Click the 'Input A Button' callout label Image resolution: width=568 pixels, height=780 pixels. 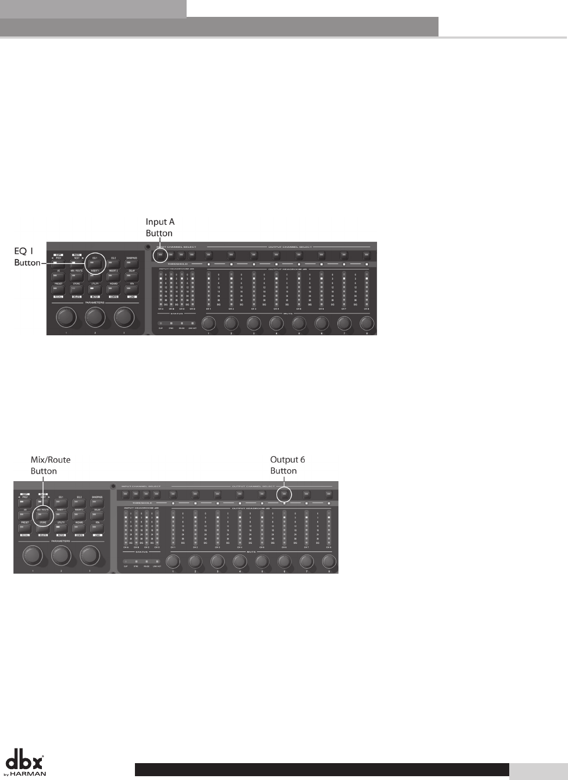(160, 228)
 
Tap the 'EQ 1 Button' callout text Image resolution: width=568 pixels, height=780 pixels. (27, 256)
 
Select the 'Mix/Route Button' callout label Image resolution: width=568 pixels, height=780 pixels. (50, 465)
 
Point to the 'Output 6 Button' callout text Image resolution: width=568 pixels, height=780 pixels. (287, 465)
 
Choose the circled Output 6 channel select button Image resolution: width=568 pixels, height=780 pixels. (283, 494)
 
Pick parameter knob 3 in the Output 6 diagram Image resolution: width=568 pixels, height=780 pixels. (90, 556)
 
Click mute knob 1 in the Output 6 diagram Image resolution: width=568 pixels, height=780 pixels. (173, 562)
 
